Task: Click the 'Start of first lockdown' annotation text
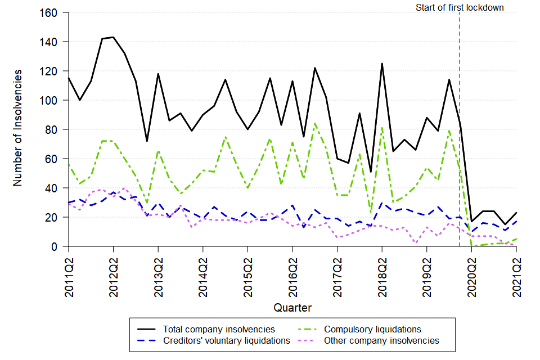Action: [x=460, y=7]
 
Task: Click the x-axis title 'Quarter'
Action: [x=292, y=308]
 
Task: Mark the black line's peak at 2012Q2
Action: [x=113, y=37]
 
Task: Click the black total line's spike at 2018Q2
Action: [x=382, y=64]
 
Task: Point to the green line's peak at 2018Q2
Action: [x=382, y=128]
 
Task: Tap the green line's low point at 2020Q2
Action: [x=471, y=246]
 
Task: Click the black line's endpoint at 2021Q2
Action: [x=516, y=213]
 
